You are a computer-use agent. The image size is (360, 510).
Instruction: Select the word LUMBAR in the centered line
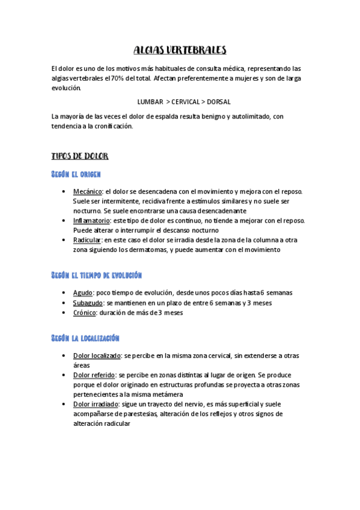point(150,102)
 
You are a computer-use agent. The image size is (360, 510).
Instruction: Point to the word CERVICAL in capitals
point(184,102)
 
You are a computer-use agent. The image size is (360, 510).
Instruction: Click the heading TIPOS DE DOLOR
point(80,156)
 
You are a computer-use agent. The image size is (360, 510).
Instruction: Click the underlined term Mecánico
point(88,192)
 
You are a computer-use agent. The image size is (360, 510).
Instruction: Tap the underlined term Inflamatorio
point(91,221)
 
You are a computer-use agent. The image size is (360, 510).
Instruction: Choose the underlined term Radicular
point(88,240)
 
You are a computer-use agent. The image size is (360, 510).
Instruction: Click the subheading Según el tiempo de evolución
point(96,275)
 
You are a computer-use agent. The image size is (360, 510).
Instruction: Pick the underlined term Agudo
point(83,293)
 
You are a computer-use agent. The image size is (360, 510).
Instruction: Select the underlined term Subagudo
point(88,303)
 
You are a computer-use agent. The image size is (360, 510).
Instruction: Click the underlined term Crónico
point(85,313)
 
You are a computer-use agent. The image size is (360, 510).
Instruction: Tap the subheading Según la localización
point(86,338)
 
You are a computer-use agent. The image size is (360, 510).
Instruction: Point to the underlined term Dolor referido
point(95,375)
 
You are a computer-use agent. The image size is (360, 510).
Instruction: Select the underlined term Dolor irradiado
point(96,404)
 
